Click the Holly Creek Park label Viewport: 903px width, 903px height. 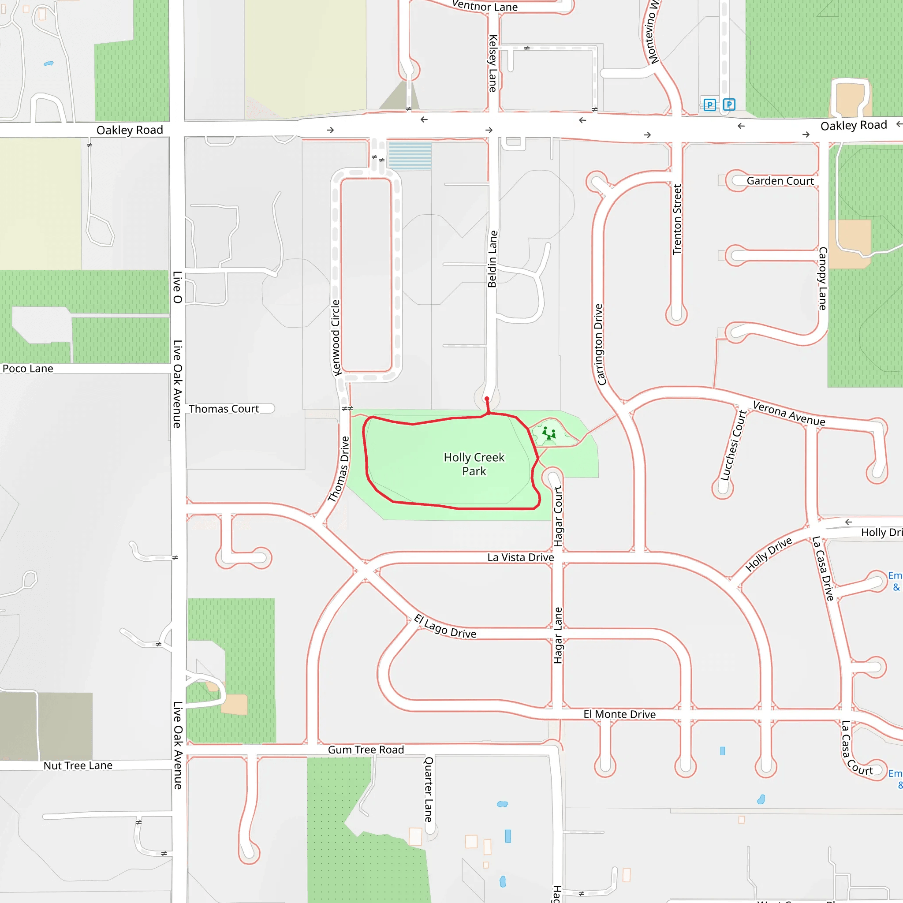pyautogui.click(x=474, y=464)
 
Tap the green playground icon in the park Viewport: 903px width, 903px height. pyautogui.click(x=549, y=434)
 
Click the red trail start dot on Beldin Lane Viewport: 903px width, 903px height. pyautogui.click(x=487, y=399)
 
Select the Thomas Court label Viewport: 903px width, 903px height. pyautogui.click(x=224, y=409)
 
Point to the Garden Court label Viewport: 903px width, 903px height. pyautogui.click(x=780, y=181)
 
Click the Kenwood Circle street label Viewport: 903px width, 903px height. pyautogui.click(x=336, y=338)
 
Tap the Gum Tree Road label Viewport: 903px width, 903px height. pyautogui.click(x=366, y=750)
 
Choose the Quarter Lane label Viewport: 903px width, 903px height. pyautogui.click(x=428, y=789)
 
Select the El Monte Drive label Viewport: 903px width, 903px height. pyautogui.click(x=619, y=714)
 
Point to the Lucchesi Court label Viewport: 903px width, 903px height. pyautogui.click(x=733, y=445)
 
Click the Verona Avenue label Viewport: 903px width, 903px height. pyautogui.click(x=789, y=414)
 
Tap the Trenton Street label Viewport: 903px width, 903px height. pyautogui.click(x=677, y=219)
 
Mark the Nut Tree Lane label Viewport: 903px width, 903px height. pyautogui.click(x=78, y=765)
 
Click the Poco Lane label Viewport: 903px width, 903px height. pyautogui.click(x=28, y=369)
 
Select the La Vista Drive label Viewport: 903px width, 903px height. pyautogui.click(x=521, y=557)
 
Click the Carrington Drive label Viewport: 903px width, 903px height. pyautogui.click(x=599, y=345)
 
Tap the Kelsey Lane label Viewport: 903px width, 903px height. pyautogui.click(x=493, y=63)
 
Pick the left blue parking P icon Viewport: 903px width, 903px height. pyautogui.click(x=709, y=104)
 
